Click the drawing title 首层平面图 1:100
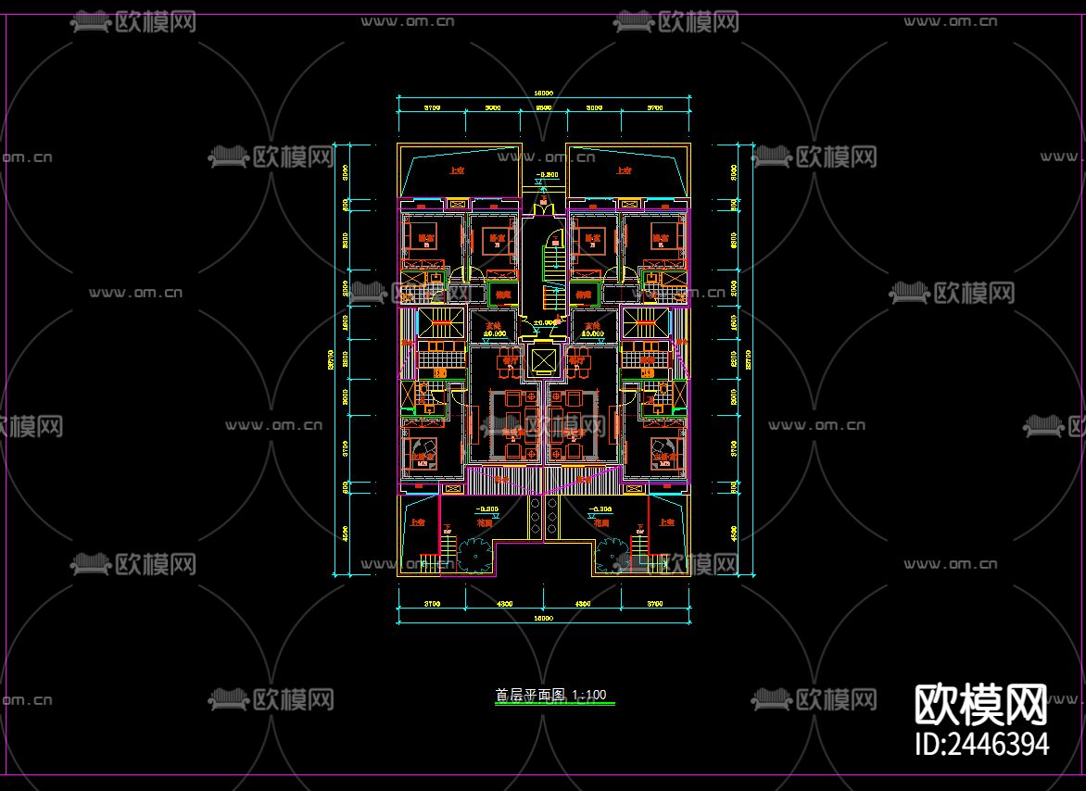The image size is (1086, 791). (x=550, y=695)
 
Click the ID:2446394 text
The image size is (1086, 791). (x=981, y=744)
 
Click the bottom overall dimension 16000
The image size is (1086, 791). (x=544, y=617)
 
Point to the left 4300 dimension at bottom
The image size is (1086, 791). (x=505, y=605)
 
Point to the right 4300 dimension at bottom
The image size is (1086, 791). (x=584, y=605)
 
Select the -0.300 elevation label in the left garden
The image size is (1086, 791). (x=486, y=509)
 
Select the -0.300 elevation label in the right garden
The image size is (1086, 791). (x=601, y=509)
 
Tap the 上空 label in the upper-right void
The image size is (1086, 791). (x=623, y=170)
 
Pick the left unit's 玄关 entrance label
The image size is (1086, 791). (x=492, y=325)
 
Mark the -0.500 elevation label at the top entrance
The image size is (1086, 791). (x=548, y=174)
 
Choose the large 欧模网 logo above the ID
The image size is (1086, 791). (x=981, y=706)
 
